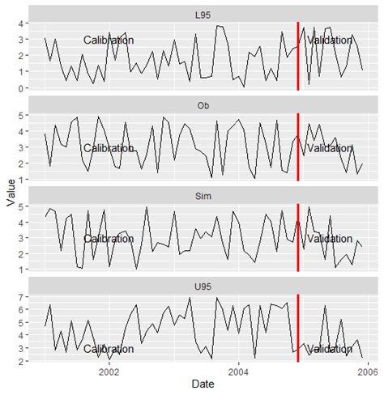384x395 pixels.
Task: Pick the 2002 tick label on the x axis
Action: click(x=109, y=372)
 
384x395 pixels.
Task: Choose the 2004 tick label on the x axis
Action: click(x=239, y=372)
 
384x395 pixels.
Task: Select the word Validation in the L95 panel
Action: click(x=330, y=40)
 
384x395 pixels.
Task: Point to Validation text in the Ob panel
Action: click(x=330, y=149)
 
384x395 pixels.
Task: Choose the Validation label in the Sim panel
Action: click(x=330, y=240)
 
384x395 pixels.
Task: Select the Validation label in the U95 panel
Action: click(x=330, y=350)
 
